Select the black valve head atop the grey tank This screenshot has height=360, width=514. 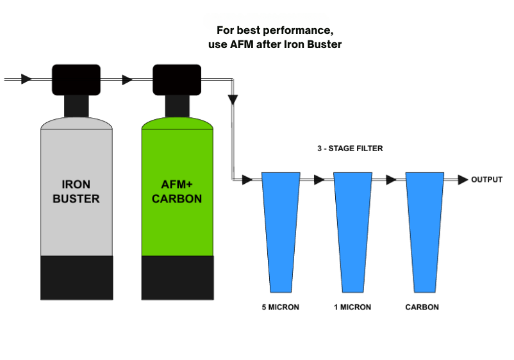(x=76, y=80)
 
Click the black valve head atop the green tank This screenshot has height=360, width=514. (x=177, y=80)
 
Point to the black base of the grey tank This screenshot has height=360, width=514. (x=76, y=277)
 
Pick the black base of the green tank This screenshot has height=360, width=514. (x=177, y=277)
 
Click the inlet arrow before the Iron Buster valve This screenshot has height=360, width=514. (x=26, y=79)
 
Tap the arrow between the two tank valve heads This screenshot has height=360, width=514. (x=127, y=79)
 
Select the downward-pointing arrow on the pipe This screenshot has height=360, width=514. (x=233, y=100)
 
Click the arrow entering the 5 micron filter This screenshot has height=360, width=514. (x=247, y=181)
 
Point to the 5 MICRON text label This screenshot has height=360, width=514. (x=281, y=307)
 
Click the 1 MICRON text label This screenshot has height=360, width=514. (x=352, y=307)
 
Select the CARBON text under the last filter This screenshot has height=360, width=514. (x=422, y=307)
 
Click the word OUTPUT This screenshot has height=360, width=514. (x=487, y=179)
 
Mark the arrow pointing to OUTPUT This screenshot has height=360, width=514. (x=461, y=180)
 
